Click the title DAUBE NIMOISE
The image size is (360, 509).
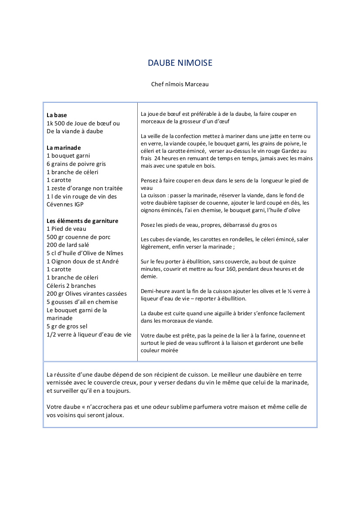coord(180,63)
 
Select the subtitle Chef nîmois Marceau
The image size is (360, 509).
coord(180,84)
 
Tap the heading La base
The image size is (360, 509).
coord(57,115)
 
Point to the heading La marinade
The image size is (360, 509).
coord(64,148)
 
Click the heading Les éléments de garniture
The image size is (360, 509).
coord(82,221)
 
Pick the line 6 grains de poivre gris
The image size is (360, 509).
coord(76,164)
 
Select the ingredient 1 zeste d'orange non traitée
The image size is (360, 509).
coord(85,189)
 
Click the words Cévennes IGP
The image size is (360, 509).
coord(65,205)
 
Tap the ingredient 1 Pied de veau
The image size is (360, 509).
coord(66,229)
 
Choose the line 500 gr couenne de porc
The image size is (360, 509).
coord(78,237)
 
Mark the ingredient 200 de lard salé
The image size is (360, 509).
coord(68,245)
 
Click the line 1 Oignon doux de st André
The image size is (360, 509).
coord(82,262)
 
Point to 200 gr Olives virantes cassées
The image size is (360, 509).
coord(87,294)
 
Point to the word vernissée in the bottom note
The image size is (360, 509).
coord(60,383)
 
